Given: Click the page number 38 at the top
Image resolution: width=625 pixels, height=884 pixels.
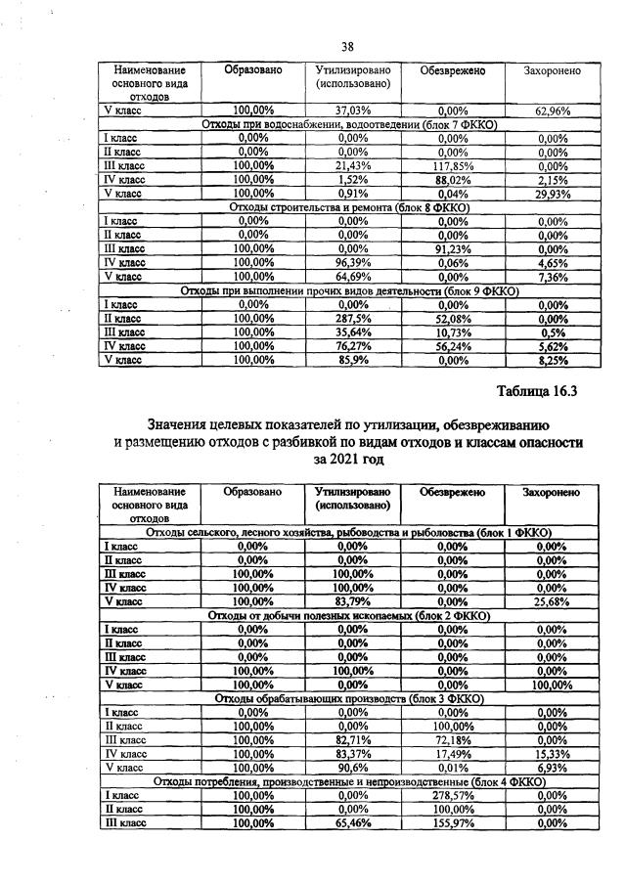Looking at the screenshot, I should (x=346, y=46).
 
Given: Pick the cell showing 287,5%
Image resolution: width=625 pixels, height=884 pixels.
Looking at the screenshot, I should (x=352, y=319).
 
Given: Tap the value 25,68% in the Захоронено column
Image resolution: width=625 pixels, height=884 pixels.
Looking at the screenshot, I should (x=553, y=600).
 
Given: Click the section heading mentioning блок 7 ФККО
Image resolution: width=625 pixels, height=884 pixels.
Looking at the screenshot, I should (x=348, y=125).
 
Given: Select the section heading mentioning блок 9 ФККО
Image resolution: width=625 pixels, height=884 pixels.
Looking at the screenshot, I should (x=348, y=291).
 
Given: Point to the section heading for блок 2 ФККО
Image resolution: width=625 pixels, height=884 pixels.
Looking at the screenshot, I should (x=348, y=615).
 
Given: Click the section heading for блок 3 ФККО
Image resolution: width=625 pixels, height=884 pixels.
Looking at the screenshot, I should (x=348, y=699).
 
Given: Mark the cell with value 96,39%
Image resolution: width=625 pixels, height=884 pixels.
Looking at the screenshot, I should (x=352, y=263).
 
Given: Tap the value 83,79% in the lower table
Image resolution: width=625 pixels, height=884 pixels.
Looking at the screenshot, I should (x=352, y=600).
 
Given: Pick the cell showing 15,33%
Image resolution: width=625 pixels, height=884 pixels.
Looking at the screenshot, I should (x=553, y=755).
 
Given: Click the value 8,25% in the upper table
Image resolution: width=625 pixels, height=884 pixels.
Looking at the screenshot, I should (x=553, y=360).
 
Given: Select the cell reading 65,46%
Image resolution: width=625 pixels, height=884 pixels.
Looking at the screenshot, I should (x=352, y=824).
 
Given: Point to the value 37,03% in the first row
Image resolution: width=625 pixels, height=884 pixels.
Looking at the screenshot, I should (x=352, y=110).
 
